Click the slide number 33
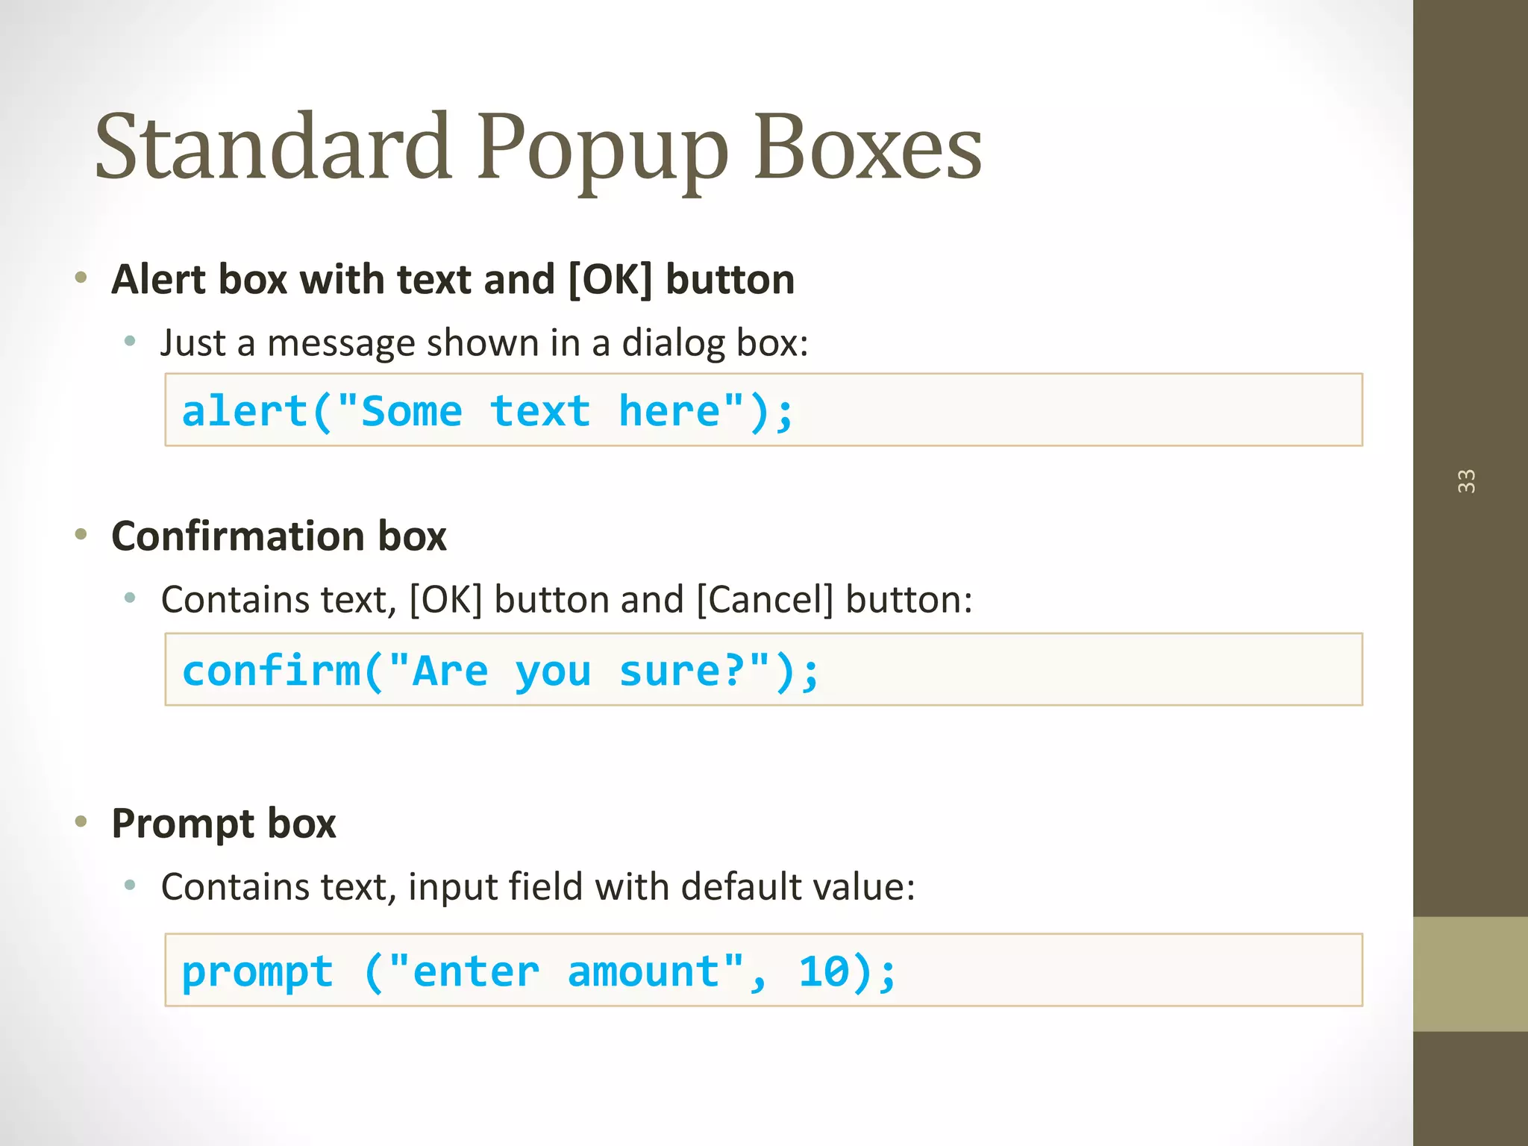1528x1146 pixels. pos(1466,481)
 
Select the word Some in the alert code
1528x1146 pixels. pos(411,411)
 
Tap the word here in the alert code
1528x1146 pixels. pos(669,411)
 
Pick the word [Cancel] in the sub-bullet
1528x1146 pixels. pos(765,599)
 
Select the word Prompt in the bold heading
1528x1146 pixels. pos(183,824)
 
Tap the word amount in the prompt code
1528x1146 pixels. pos(643,971)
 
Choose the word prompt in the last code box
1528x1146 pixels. pos(257,973)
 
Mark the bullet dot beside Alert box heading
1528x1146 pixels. pos(81,278)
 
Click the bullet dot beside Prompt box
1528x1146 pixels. pos(81,822)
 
